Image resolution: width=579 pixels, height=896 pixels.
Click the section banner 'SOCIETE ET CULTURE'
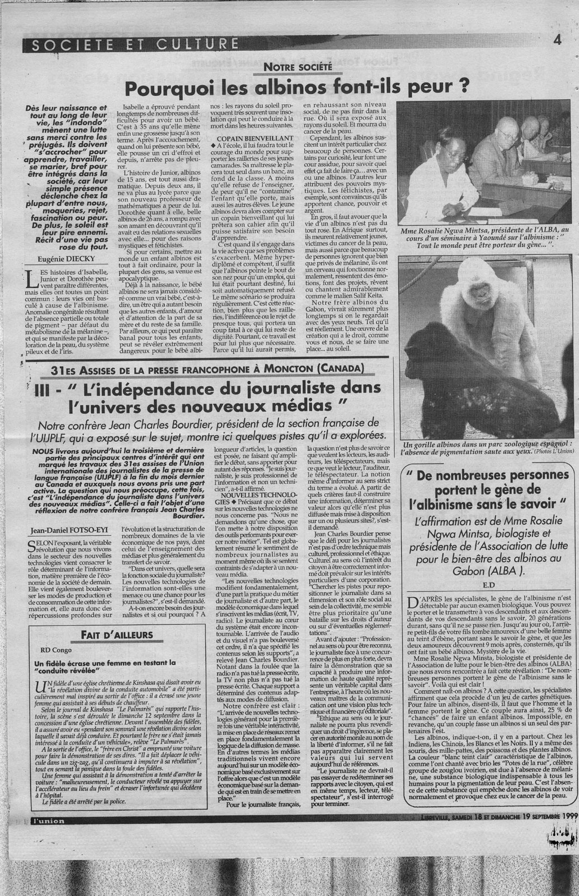131,44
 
